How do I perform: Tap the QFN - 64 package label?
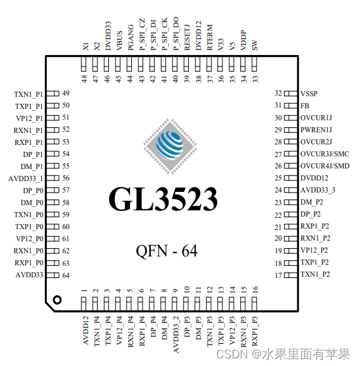[167, 251]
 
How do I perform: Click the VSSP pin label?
[311, 94]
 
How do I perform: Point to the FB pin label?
[305, 106]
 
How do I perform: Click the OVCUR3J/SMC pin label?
[325, 154]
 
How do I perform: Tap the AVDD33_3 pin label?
[319, 190]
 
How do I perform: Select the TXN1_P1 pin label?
[28, 94]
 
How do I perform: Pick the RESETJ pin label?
[187, 35]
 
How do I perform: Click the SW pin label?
[255, 46]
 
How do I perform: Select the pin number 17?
[278, 275]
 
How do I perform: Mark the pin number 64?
[66, 275]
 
